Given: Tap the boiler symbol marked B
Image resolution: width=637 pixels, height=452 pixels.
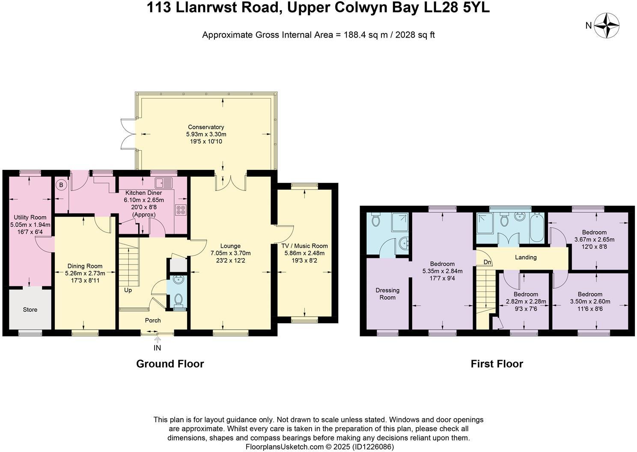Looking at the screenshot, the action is (61, 185).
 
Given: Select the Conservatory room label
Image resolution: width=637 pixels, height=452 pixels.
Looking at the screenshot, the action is (206, 127).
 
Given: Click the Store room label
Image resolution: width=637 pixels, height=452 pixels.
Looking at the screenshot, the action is (30, 309).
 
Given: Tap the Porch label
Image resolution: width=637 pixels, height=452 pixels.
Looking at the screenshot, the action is (153, 320).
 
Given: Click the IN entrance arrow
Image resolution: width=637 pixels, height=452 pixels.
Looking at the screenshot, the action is (157, 340).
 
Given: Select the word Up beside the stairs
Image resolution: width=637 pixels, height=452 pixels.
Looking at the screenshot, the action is (128, 290).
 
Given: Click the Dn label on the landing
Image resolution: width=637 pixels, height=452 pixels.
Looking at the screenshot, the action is (488, 262).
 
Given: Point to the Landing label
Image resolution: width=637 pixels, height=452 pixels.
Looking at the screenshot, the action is (526, 258).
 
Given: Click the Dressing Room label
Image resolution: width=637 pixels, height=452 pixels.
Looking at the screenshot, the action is (387, 294).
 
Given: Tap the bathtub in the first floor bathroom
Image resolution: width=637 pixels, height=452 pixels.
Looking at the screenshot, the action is (537, 228).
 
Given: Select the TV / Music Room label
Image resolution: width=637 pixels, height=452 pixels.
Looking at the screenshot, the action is (304, 246).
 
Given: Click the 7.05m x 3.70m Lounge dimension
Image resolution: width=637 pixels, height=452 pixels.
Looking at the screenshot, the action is (230, 253).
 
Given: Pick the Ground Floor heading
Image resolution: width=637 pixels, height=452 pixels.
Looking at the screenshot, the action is (170, 364).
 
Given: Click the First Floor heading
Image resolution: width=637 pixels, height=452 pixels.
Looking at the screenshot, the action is (497, 364).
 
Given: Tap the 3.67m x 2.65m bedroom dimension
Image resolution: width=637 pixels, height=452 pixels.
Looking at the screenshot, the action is (594, 240).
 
